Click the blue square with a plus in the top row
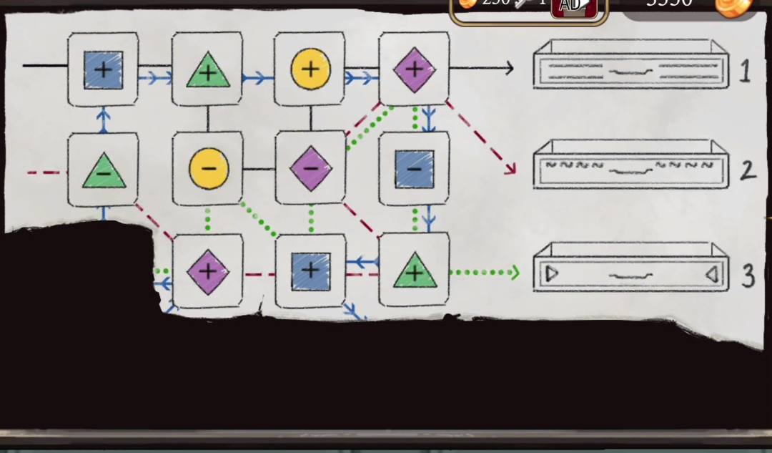click(103, 69)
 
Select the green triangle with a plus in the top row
click(208, 69)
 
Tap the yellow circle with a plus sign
click(310, 69)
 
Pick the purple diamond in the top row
click(414, 69)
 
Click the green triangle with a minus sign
click(104, 171)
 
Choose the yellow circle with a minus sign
click(208, 169)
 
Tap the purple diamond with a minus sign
click(311, 169)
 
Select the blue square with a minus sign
click(414, 169)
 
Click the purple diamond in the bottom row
click(208, 271)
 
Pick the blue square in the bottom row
click(310, 271)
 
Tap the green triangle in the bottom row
click(414, 271)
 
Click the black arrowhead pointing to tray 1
click(508, 69)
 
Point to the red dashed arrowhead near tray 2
click(510, 169)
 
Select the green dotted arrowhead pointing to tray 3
click(514, 272)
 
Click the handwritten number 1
click(745, 71)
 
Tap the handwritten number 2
click(747, 170)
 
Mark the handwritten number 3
click(748, 275)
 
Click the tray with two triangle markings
click(630, 268)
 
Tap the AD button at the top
click(570, 6)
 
